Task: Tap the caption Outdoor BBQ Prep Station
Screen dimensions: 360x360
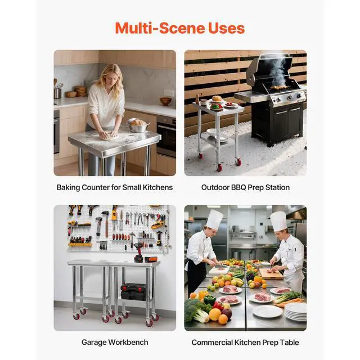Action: coord(245,187)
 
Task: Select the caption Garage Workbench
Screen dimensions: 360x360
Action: coord(114,342)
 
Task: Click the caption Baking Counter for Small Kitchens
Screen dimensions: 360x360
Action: coord(114,187)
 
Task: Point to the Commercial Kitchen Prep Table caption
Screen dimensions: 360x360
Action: coord(245,342)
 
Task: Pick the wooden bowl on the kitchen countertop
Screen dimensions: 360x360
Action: coord(165,101)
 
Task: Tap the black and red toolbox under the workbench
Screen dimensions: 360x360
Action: coord(133,291)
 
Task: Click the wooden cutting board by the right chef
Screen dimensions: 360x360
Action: coord(271,274)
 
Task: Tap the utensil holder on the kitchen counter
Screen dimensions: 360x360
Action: coord(58,92)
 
